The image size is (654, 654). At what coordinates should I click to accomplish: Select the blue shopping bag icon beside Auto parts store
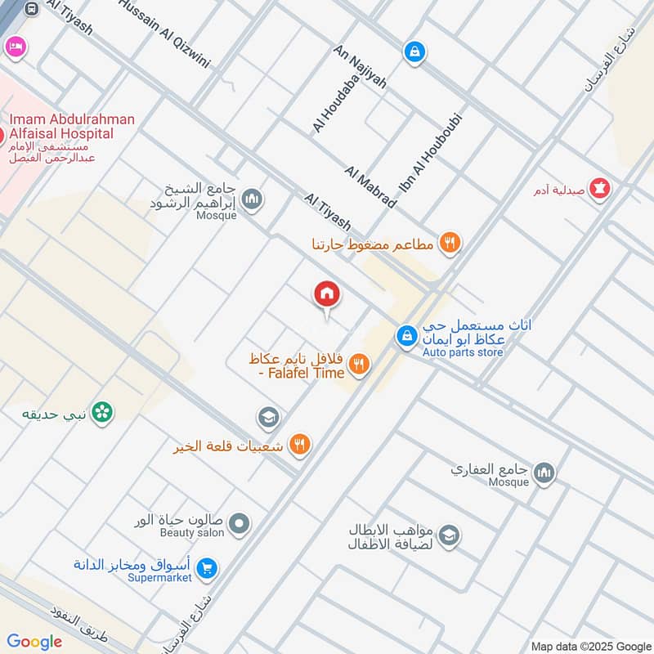click(x=406, y=335)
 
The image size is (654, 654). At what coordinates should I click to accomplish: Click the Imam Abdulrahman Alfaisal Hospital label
click(x=71, y=127)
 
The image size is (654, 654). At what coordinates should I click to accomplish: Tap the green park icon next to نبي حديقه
click(x=102, y=413)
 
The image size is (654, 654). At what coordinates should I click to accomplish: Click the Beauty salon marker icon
click(x=239, y=522)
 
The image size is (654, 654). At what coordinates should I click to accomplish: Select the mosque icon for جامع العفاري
click(x=544, y=472)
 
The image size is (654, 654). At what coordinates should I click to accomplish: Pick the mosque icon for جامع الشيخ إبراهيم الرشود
click(x=253, y=199)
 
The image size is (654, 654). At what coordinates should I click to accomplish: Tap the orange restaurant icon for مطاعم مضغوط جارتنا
click(x=449, y=243)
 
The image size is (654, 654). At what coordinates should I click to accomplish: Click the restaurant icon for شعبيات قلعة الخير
click(x=301, y=444)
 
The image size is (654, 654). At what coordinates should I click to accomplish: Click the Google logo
click(x=34, y=642)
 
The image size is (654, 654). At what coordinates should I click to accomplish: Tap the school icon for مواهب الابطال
click(x=448, y=536)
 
